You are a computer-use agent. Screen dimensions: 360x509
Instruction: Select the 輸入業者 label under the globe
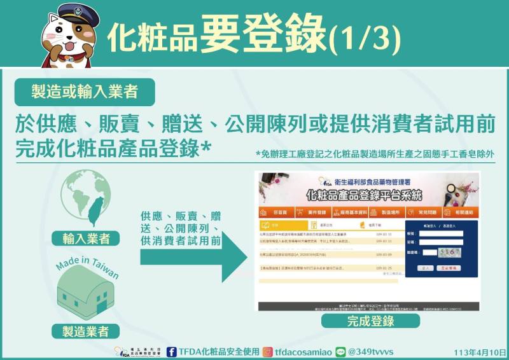87,239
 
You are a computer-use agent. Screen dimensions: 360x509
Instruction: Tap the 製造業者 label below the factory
86,331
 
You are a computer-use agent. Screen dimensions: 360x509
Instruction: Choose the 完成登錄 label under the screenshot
370,321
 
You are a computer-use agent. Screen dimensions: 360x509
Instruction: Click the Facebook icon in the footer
172,351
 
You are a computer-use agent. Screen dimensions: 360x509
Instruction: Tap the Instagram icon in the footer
268,351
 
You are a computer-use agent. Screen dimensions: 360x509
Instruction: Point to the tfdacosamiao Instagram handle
302,351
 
